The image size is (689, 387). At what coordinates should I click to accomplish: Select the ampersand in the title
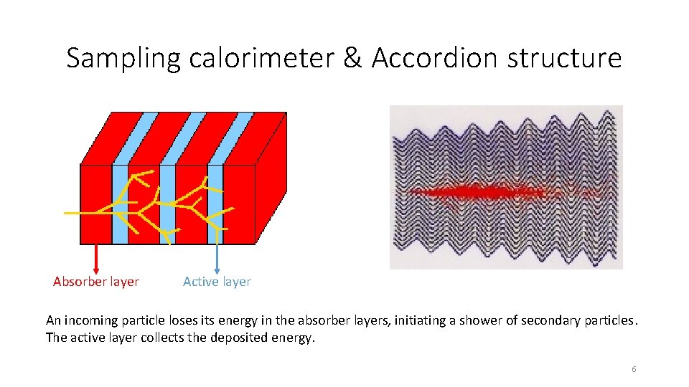point(353,58)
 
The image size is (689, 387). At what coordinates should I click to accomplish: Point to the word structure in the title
point(564,58)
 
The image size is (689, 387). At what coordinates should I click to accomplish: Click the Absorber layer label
point(96,282)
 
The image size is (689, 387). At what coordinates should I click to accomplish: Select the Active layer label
point(217,282)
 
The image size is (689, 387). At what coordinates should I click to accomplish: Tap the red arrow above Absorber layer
point(96,257)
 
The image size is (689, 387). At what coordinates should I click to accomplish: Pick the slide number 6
point(634,369)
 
